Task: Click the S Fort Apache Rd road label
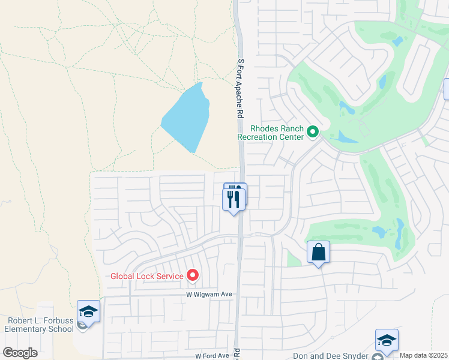241,88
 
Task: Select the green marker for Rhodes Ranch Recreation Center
312,131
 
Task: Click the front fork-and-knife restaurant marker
234,199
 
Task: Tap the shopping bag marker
318,253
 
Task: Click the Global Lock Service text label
147,276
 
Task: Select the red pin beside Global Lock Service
193,275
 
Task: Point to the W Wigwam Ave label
208,295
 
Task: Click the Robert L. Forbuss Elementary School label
39,325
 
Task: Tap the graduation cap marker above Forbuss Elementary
89,311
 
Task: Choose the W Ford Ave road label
207,356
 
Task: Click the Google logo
20,353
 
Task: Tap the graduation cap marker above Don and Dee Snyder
387,340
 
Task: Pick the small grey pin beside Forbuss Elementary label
82,326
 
